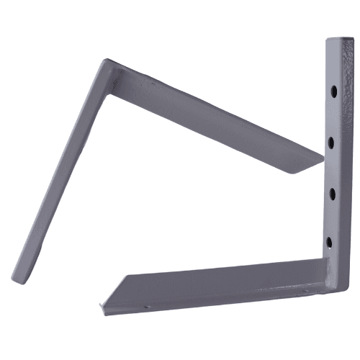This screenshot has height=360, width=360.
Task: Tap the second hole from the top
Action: [331, 142]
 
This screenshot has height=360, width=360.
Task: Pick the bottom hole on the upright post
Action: [329, 242]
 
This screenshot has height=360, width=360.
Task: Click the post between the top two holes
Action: [333, 117]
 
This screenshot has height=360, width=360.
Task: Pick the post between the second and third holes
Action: [331, 167]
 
